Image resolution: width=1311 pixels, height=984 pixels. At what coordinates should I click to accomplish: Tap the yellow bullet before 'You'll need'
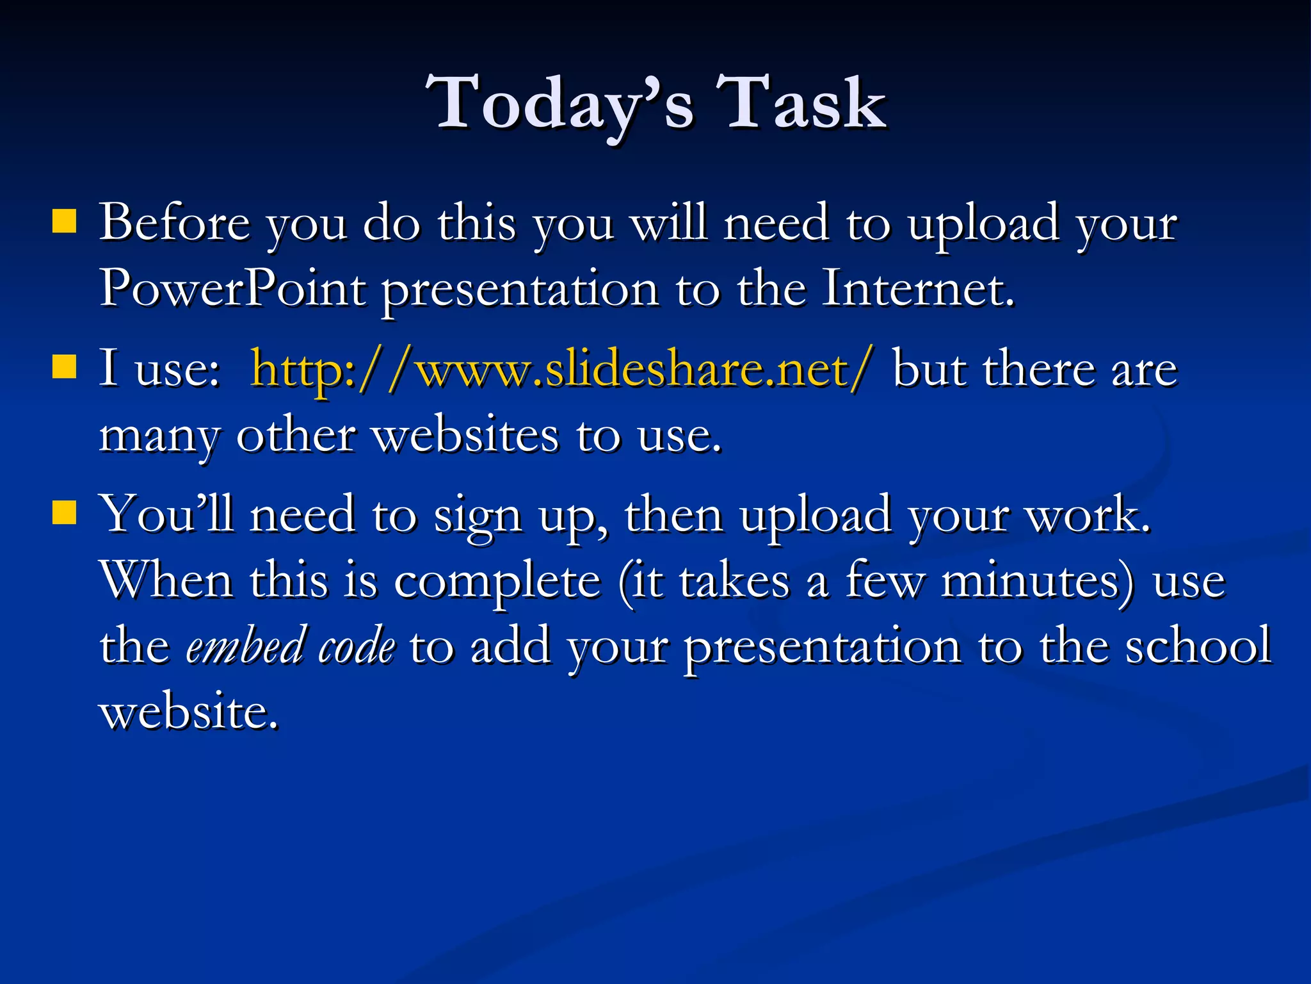click(64, 512)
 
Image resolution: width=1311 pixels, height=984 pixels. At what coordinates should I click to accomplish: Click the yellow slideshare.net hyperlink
click(561, 370)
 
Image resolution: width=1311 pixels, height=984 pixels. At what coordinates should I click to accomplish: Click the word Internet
click(917, 289)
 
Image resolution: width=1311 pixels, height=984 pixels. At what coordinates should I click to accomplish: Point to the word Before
click(174, 222)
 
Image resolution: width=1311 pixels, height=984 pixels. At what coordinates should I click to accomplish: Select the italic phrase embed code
click(291, 646)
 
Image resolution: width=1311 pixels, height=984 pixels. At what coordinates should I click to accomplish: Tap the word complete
click(497, 582)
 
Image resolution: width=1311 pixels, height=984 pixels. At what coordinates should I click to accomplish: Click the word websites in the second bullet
click(466, 436)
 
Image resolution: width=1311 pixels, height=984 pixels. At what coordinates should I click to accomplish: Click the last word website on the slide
click(189, 712)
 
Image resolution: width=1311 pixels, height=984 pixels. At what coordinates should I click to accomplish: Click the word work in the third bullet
click(1088, 514)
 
